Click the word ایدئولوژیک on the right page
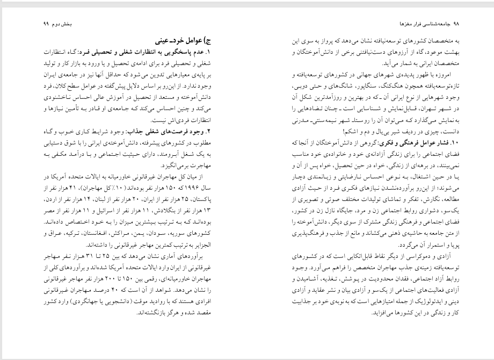tap(428, 300)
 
